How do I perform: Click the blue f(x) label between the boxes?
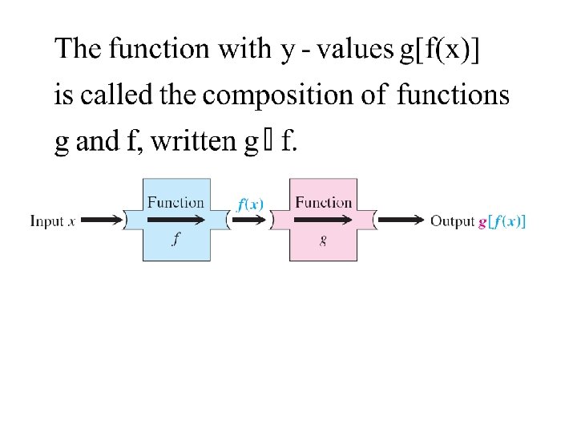point(250,204)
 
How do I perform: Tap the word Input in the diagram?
point(47,221)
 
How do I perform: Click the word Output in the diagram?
point(453,221)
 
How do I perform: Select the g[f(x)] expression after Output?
point(502,221)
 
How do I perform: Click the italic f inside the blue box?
point(176,239)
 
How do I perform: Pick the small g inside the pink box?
point(322,240)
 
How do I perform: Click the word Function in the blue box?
point(176,202)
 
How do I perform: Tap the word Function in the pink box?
point(323,202)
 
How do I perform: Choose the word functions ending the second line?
point(454,95)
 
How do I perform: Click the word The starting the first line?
point(78,49)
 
